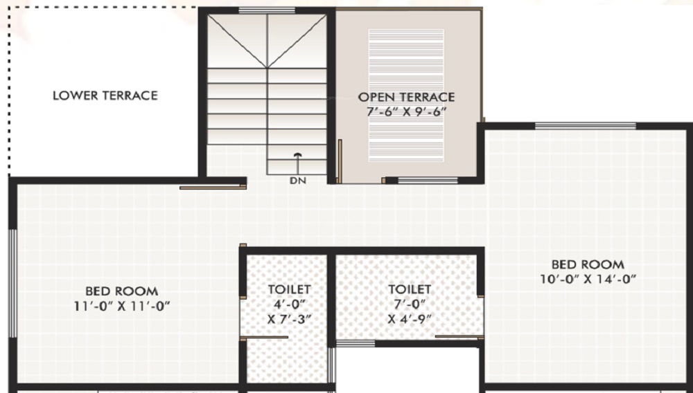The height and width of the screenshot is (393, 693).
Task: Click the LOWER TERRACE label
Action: [x=105, y=95]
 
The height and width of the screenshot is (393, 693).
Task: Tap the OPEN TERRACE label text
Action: [x=406, y=97]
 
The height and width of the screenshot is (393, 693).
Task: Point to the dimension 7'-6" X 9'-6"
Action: [x=406, y=111]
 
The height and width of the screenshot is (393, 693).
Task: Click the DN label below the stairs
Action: [x=297, y=181]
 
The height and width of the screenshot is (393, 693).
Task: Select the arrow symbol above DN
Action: [x=297, y=164]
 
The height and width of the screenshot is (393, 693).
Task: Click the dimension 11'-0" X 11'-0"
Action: [x=122, y=306]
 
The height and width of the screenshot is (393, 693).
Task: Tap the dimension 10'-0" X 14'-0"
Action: [x=588, y=280]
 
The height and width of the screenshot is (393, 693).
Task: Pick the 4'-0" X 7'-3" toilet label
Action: [x=289, y=304]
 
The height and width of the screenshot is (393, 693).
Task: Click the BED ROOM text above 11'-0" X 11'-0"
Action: [x=121, y=291]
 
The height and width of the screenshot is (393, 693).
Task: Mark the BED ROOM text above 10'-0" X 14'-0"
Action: [x=588, y=264]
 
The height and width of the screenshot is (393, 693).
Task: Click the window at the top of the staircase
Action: [x=267, y=10]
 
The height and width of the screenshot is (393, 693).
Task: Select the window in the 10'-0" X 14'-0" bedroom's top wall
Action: [x=585, y=126]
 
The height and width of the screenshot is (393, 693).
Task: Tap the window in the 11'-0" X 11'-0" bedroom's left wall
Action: [x=12, y=283]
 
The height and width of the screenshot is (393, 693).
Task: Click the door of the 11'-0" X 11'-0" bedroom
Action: [x=213, y=188]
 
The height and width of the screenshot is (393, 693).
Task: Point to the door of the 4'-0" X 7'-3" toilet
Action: [x=264, y=338]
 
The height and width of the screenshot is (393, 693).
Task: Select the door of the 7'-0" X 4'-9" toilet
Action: [x=459, y=337]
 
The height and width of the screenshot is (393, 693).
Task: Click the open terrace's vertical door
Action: [x=340, y=161]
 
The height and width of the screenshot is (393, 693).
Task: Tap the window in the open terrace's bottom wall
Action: [x=428, y=181]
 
